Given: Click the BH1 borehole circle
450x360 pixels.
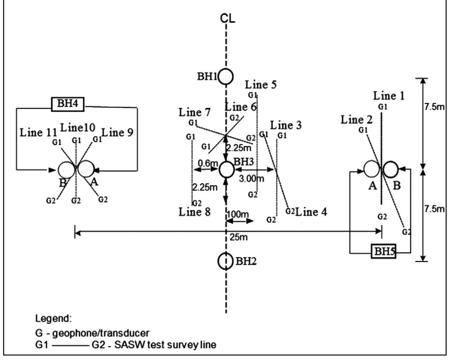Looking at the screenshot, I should [x=226, y=77].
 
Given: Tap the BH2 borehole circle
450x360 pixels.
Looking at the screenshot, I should [x=225, y=261].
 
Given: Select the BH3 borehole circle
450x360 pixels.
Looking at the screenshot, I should [x=226, y=170].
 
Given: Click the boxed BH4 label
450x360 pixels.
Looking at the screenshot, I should [x=67, y=104].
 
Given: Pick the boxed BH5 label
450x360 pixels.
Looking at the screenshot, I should [x=384, y=252].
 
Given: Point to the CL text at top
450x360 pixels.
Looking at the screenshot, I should [x=227, y=19].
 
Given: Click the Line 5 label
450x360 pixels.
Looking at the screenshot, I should [x=261, y=85].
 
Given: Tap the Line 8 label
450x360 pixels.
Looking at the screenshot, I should [x=194, y=212].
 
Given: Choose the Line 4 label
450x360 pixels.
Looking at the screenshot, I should [x=311, y=212].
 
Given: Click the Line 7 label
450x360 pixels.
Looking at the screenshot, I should [x=194, y=112].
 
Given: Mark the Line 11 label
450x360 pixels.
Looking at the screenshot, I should [x=38, y=133].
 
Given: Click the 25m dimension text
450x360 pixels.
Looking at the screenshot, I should [x=238, y=237].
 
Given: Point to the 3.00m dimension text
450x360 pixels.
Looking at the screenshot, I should [x=251, y=179].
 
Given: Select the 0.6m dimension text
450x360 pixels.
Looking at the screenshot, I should [x=208, y=163].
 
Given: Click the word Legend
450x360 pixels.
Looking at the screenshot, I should [x=53, y=318].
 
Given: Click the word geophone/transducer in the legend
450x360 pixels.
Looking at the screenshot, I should [x=101, y=333].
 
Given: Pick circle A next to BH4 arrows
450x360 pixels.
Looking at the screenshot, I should [x=86, y=169].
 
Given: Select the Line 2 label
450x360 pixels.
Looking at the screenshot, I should [x=356, y=120].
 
